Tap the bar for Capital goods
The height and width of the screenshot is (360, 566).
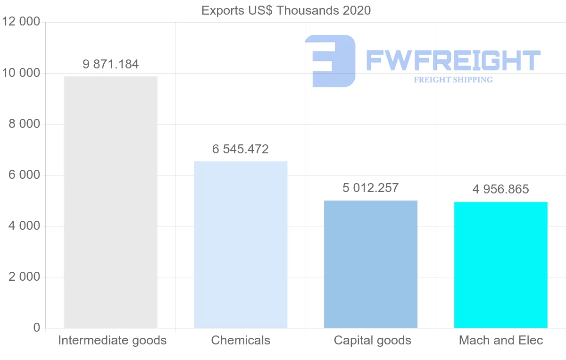(x=371, y=264)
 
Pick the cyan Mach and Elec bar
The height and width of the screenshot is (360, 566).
(x=500, y=265)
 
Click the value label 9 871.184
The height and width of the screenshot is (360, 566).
(x=111, y=65)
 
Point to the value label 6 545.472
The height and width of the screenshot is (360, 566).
(x=241, y=150)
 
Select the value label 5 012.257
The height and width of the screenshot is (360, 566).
(x=371, y=188)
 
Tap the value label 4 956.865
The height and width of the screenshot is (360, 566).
(x=500, y=190)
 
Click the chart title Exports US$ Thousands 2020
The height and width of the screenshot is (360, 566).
(x=286, y=10)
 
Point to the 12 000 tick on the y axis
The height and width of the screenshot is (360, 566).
(x=21, y=22)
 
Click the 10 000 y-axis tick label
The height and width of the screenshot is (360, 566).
(x=21, y=73)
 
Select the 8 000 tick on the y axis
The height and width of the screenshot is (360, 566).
(x=24, y=124)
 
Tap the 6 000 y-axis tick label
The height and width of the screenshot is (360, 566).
(x=24, y=175)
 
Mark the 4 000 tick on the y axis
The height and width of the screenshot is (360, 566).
(x=24, y=226)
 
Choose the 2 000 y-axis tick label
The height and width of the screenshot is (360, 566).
(x=24, y=277)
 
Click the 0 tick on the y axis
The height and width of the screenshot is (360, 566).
(x=37, y=328)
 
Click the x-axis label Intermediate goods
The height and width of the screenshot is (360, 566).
(x=112, y=340)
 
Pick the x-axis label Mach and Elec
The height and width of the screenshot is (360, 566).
(x=501, y=340)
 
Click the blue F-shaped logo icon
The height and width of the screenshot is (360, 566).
(x=330, y=61)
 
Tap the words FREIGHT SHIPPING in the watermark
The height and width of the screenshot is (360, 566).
(x=453, y=80)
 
